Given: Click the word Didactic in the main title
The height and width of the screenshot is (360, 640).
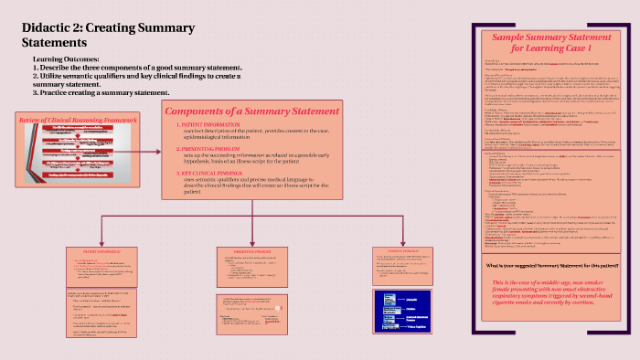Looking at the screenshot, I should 48,26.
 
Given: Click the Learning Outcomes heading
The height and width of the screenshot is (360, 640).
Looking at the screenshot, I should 66,59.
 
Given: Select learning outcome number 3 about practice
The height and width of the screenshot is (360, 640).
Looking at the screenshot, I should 101,92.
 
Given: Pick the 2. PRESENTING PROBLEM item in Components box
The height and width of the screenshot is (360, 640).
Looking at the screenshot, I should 211,146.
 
